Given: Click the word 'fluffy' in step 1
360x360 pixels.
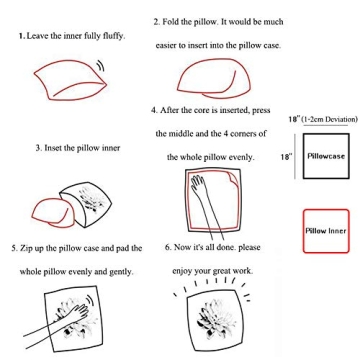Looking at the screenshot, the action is pyautogui.click(x=114, y=36).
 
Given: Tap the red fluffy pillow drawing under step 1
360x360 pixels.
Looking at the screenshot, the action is pyautogui.click(x=70, y=80).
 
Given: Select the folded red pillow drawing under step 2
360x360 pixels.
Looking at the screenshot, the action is pyautogui.click(x=213, y=79).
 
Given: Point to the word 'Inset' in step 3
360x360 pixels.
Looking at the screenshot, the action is pyautogui.click(x=51, y=148).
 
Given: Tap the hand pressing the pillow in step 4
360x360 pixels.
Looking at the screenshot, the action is pyautogui.click(x=206, y=207).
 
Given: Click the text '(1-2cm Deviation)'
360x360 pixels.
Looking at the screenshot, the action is pyautogui.click(x=329, y=119).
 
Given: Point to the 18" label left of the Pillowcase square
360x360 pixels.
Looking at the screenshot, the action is pyautogui.click(x=286, y=156).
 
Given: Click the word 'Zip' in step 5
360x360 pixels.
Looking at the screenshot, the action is pyautogui.click(x=26, y=249).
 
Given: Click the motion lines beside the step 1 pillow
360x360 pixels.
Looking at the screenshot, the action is pyautogui.click(x=101, y=66).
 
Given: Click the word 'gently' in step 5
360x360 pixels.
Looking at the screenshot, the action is pyautogui.click(x=121, y=272).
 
